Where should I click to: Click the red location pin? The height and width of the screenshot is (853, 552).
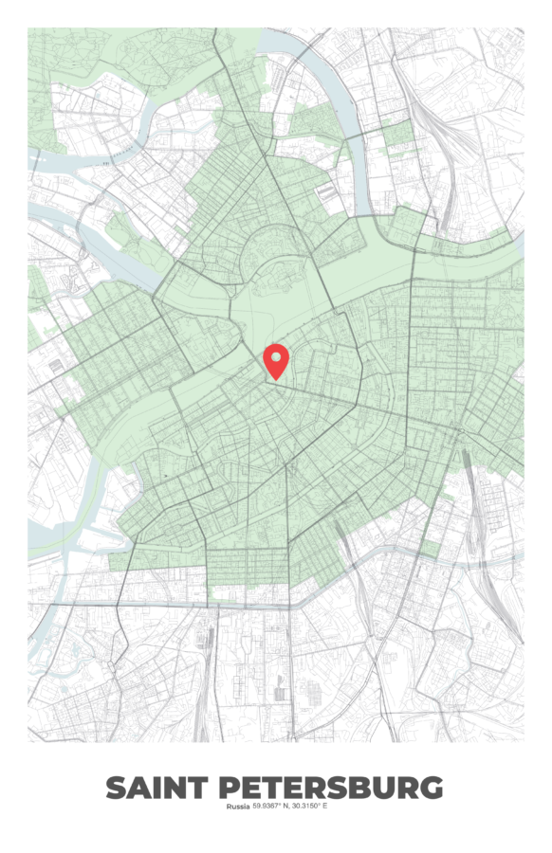[x=276, y=360]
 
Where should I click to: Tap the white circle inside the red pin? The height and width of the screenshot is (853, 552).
[x=276, y=356]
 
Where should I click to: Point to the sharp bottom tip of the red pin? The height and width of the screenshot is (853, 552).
[x=276, y=380]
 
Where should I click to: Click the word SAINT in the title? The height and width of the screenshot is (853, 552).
[x=156, y=788]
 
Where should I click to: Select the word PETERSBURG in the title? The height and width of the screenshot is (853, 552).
[x=331, y=788]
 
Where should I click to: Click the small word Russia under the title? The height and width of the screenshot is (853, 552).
[x=237, y=807]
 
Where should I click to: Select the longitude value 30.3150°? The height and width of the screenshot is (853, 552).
[x=307, y=807]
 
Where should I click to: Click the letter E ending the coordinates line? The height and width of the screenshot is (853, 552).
[x=324, y=807]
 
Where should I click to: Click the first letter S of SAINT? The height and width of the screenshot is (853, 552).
[x=116, y=788]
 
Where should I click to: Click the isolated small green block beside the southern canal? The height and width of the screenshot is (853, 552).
[x=432, y=548]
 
